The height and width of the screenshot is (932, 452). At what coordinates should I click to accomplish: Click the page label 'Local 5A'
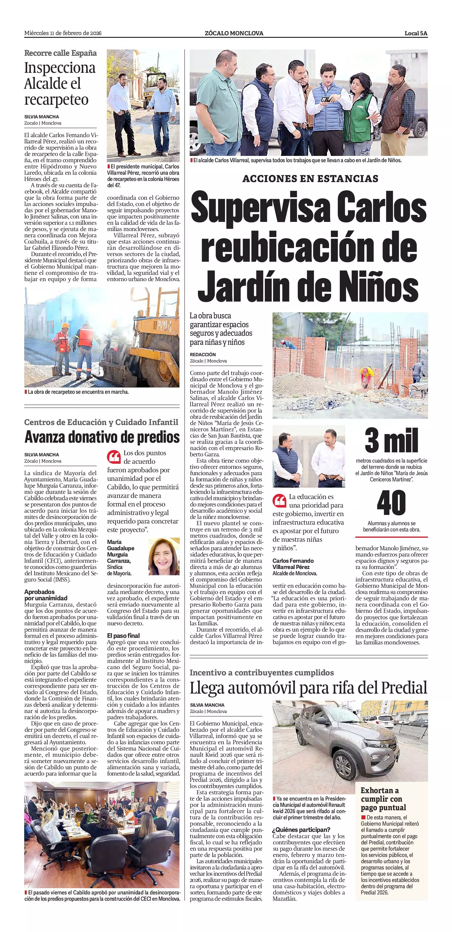click(416, 33)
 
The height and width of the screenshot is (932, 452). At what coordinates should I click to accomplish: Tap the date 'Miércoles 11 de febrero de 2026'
click(63, 33)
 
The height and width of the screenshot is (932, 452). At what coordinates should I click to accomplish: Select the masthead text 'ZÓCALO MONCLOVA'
click(234, 33)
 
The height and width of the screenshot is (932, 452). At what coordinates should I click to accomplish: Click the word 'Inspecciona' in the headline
click(60, 68)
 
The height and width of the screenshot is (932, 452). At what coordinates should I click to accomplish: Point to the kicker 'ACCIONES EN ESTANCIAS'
click(310, 179)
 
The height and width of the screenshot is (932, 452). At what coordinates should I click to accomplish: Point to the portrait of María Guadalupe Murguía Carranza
click(164, 556)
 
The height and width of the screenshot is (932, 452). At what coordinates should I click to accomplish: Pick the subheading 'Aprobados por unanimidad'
click(46, 595)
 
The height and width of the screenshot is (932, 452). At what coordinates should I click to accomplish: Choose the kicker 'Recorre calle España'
click(60, 53)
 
